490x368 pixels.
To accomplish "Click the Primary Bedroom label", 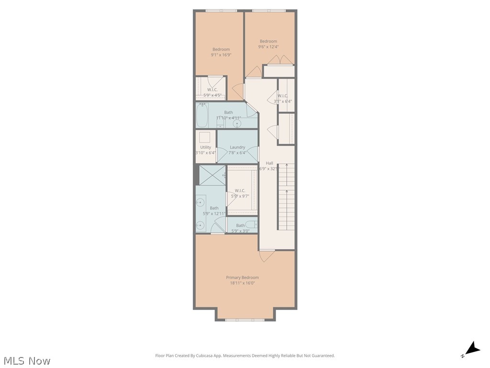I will [x=242, y=277].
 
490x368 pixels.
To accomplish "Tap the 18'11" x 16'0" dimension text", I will [x=242, y=283].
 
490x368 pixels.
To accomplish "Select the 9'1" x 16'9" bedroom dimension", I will [x=221, y=55].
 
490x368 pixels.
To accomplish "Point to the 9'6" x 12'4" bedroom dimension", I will [x=268, y=47].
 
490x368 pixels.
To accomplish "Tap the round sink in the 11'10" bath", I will [x=237, y=124].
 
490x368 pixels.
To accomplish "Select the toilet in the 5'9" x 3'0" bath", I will [x=252, y=224].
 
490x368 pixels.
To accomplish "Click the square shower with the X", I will [x=212, y=175].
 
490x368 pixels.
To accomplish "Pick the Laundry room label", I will [x=237, y=147].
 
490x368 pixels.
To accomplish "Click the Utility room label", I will [x=205, y=147].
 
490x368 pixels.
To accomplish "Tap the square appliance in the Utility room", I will [x=205, y=137].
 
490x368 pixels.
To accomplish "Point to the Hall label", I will [x=269, y=163].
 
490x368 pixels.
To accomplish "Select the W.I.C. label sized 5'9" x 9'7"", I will [x=240, y=190].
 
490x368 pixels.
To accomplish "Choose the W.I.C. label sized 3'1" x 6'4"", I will [x=283, y=96].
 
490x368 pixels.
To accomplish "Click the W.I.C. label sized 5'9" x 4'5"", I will [x=212, y=90].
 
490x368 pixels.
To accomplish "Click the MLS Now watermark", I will [x=27, y=360].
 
